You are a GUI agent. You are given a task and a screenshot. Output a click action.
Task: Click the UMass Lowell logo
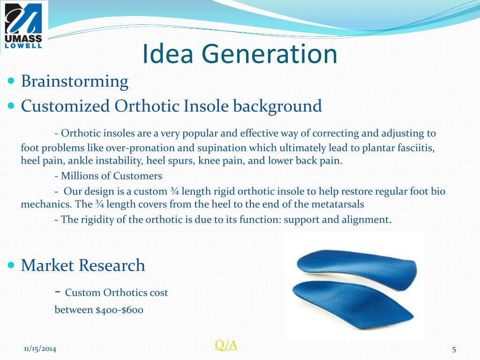(23, 27)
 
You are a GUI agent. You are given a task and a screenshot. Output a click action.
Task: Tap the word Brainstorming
(75, 82)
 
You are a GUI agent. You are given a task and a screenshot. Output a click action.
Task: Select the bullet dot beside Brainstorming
(11, 81)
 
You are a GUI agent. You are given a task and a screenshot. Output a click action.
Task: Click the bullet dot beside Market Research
(11, 265)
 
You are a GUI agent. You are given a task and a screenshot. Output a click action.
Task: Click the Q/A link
(226, 345)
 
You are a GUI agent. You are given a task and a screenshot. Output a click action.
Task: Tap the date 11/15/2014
(40, 349)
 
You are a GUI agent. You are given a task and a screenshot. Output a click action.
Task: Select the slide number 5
(454, 349)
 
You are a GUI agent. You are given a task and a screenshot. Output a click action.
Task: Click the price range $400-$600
(120, 310)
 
